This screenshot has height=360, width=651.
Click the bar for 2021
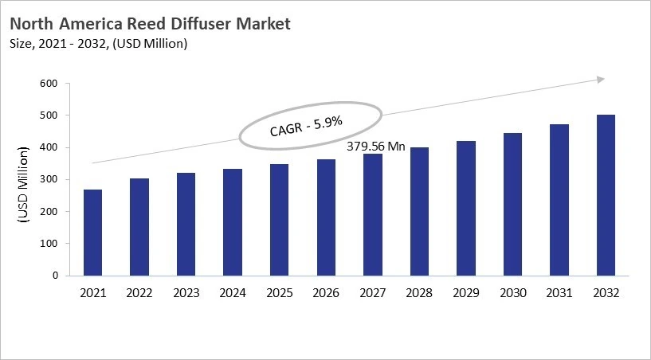[x=93, y=233]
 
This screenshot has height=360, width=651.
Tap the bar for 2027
[x=373, y=214]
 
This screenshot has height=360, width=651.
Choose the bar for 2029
[x=466, y=208]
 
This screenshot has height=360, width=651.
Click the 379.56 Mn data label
[x=375, y=147]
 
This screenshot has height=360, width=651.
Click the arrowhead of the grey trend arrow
[x=602, y=79]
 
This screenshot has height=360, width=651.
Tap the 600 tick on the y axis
[x=49, y=84]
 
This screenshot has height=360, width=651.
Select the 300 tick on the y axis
[x=49, y=180]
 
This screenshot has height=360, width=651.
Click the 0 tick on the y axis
[x=55, y=276]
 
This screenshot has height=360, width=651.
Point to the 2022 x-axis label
[x=139, y=293]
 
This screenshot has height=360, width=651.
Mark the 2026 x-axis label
[x=326, y=293]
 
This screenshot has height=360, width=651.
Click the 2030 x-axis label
[x=512, y=293]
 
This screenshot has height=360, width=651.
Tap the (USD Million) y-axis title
[x=23, y=180]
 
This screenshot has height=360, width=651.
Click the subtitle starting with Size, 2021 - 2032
[x=99, y=44]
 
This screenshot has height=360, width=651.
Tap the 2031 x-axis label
[x=559, y=293]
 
